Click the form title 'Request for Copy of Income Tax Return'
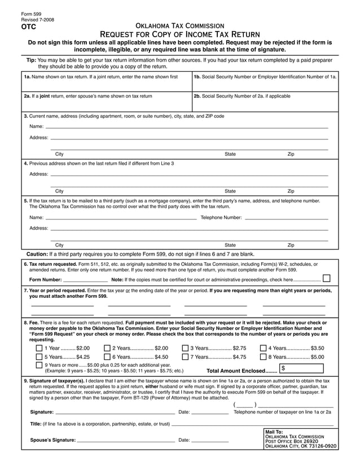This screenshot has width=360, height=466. [x=180, y=35]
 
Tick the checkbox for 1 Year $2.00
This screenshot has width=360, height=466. [x=39, y=348]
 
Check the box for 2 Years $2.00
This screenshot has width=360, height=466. [x=107, y=348]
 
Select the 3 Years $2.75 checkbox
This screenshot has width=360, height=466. [x=185, y=348]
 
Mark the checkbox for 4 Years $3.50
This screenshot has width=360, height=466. [x=263, y=348]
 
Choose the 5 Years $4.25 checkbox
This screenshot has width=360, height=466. [x=39, y=357]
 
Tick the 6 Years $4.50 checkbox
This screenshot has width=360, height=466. [x=107, y=357]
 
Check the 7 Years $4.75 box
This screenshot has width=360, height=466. [x=185, y=357]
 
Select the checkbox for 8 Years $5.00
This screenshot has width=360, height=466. [x=263, y=357]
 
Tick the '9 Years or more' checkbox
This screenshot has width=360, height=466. [x=39, y=365]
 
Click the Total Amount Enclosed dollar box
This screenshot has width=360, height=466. [x=302, y=369]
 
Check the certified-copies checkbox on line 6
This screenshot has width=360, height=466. [x=326, y=279]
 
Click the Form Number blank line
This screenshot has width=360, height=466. [x=85, y=279]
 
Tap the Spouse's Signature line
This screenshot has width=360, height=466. [x=125, y=439]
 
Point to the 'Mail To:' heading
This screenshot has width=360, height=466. [x=274, y=432]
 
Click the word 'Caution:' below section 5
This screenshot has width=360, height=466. [x=37, y=254]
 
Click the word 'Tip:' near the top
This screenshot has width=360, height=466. [x=32, y=60]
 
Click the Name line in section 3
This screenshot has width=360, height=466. [x=186, y=126]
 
